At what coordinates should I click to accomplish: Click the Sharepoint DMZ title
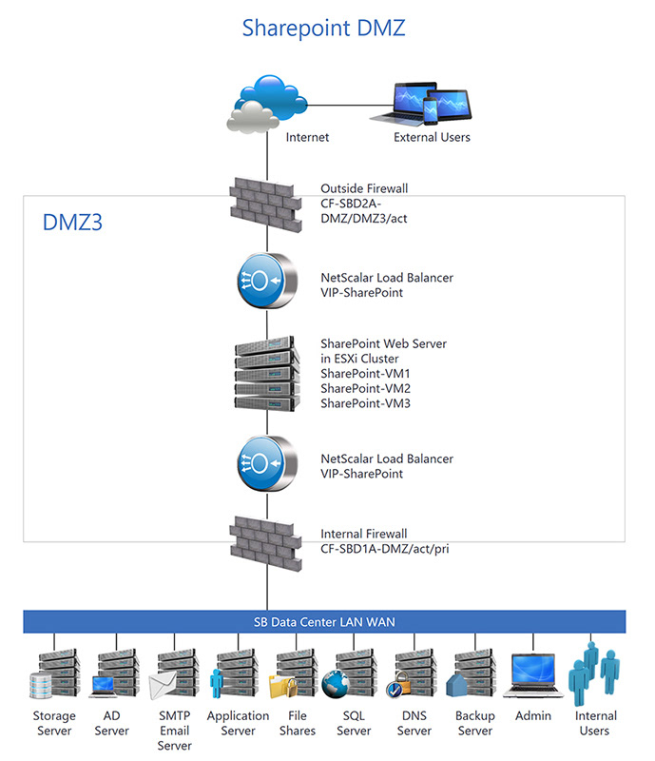(323, 28)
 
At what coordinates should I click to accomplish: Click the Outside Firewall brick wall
(266, 202)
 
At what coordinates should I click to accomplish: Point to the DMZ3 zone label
(72, 223)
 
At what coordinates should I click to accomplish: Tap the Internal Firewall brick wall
(266, 537)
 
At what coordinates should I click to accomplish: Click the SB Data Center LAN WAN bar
(324, 622)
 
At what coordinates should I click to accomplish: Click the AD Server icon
(113, 673)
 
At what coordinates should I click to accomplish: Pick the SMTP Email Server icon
(173, 673)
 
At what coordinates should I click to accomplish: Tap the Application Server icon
(234, 673)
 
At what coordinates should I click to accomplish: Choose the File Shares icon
(295, 673)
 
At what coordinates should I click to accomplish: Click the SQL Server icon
(354, 673)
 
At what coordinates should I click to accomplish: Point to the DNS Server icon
(414, 673)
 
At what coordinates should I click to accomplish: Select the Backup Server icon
(473, 673)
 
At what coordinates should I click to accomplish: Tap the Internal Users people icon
(593, 673)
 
